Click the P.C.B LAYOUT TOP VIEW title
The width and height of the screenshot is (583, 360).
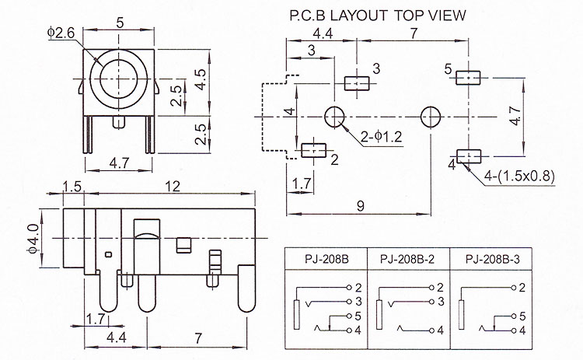pyautogui.click(x=377, y=16)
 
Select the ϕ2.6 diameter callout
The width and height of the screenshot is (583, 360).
pyautogui.click(x=61, y=33)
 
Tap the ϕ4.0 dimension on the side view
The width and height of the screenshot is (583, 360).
pyautogui.click(x=33, y=239)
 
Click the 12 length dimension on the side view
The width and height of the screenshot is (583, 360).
pyautogui.click(x=172, y=186)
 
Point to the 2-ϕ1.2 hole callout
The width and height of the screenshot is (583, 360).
pyautogui.click(x=382, y=137)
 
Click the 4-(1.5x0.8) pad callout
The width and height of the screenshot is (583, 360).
pyautogui.click(x=519, y=176)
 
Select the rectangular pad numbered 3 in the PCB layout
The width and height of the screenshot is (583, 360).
pyautogui.click(x=357, y=83)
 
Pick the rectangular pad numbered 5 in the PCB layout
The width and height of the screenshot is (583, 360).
pyautogui.click(x=468, y=78)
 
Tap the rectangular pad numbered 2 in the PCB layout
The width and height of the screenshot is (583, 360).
pyautogui.click(x=313, y=150)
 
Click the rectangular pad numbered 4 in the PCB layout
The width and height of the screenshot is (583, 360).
pyautogui.click(x=469, y=156)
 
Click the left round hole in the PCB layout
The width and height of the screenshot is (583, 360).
pyautogui.click(x=334, y=117)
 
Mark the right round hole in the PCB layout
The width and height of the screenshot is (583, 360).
pyautogui.click(x=431, y=117)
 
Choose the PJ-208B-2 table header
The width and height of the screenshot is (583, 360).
pyautogui.click(x=407, y=259)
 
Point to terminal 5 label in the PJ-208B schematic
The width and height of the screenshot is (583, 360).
pyautogui.click(x=358, y=316)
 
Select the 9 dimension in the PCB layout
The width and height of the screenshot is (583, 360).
pyautogui.click(x=360, y=206)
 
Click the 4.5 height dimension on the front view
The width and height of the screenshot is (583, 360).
pyautogui.click(x=201, y=79)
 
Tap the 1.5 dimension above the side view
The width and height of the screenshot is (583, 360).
pyautogui.click(x=72, y=187)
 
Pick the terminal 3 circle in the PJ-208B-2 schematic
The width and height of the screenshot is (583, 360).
pyautogui.click(x=431, y=301)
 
